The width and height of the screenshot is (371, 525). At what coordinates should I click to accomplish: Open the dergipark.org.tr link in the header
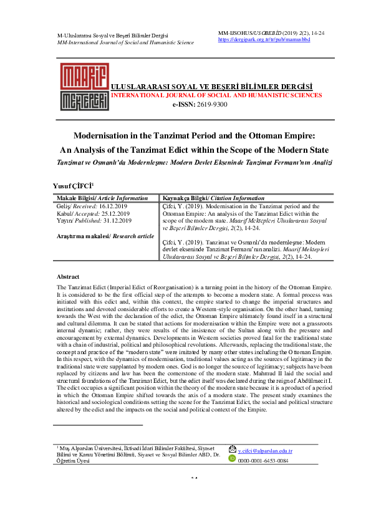tap(264, 39)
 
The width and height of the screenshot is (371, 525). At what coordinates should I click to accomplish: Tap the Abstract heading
tap(68, 276)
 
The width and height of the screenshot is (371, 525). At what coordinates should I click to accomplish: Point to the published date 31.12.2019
tap(117, 220)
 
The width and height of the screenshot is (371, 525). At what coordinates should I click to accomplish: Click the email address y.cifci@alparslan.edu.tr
tap(265, 450)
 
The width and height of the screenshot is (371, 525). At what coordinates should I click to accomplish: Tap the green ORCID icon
tap(232, 459)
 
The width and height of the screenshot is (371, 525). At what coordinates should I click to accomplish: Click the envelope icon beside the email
tap(232, 450)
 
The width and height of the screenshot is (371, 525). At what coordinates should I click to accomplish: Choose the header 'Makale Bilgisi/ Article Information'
tap(102, 197)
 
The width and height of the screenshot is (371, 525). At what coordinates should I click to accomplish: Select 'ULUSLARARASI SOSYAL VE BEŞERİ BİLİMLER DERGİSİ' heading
tap(211, 86)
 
